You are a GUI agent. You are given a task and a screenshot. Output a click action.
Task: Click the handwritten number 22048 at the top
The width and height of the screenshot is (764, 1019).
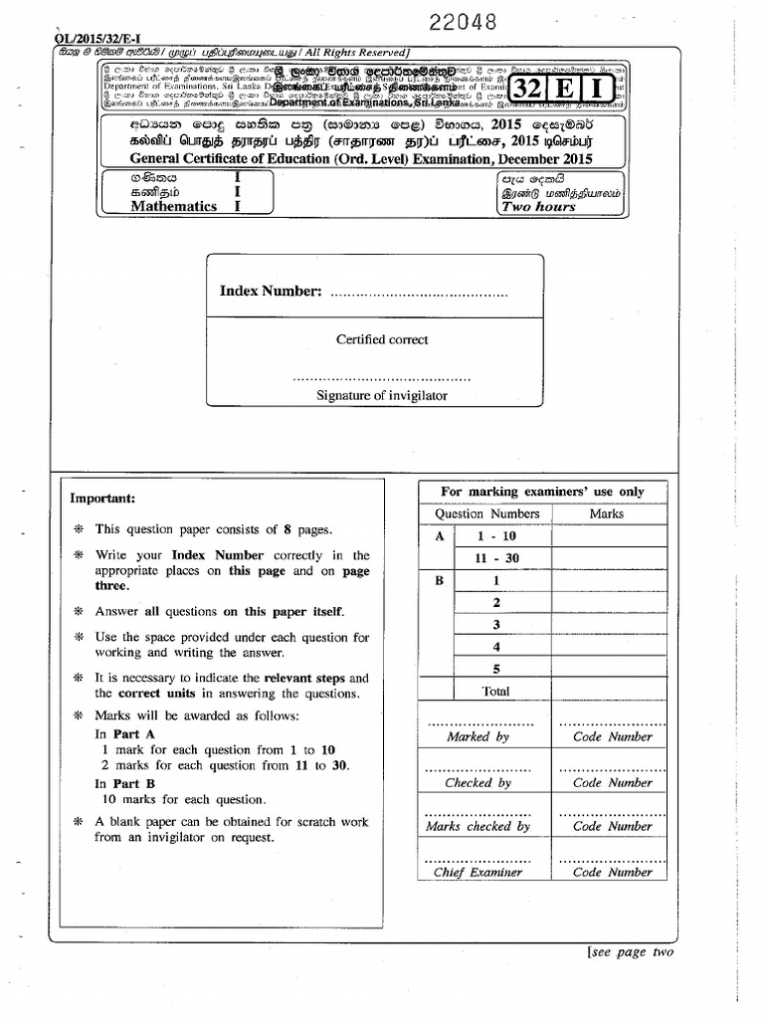462,21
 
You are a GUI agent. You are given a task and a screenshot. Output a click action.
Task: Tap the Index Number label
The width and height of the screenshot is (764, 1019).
271,291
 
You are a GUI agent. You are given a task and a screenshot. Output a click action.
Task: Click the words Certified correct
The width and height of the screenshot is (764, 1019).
382,339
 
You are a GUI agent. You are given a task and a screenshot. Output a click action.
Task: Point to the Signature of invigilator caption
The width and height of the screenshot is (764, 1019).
382,395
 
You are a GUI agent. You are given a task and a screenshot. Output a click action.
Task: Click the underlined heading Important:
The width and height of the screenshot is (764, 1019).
102,499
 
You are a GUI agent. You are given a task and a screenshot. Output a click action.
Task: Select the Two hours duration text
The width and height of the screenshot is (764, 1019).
539,207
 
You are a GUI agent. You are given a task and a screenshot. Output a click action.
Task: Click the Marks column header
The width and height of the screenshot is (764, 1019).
607,513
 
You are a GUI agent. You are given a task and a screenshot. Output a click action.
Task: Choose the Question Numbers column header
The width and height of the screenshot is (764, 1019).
487,513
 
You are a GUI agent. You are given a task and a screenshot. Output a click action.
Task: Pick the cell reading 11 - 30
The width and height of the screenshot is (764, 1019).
498,558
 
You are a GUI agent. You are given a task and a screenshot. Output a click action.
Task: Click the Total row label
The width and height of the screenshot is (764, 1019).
495,691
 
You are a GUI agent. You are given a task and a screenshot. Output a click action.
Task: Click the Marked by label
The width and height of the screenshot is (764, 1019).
477,737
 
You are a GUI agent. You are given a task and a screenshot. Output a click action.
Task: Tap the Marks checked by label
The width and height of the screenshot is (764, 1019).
477,827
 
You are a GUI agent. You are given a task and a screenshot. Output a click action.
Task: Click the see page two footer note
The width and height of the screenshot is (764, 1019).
631,952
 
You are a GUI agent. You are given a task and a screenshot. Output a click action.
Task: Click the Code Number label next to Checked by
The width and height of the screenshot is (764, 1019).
613,783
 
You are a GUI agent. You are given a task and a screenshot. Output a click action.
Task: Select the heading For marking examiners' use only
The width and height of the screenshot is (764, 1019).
542,492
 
